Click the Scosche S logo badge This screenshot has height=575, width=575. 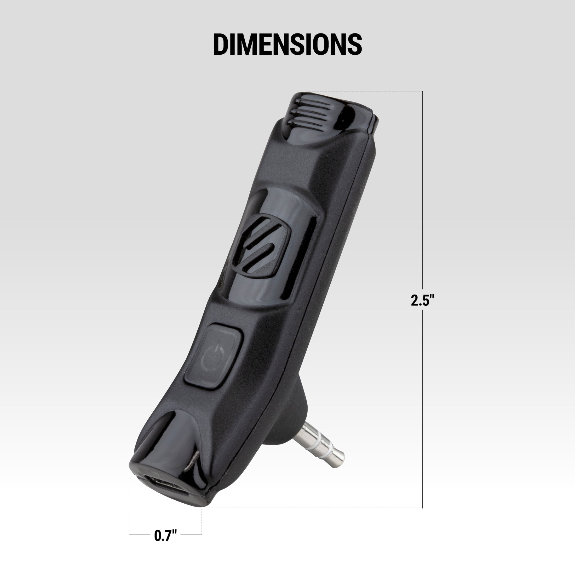(x=261, y=245)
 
